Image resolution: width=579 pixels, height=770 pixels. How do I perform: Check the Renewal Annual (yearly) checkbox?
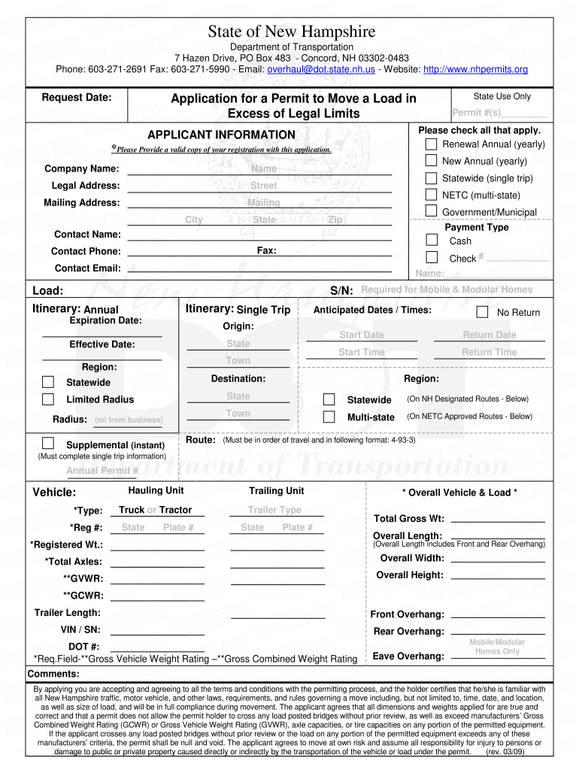tap(431, 144)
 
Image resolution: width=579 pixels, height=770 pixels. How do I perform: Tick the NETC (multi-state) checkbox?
tap(431, 195)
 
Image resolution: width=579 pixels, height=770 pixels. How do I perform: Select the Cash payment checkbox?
tap(432, 240)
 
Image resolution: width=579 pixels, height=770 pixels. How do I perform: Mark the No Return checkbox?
tap(482, 312)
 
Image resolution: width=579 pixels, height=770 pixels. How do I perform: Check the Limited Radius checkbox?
tap(48, 399)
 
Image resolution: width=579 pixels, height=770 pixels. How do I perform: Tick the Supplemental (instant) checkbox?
tap(48, 442)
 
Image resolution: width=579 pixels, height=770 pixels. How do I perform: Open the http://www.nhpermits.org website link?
tap(476, 69)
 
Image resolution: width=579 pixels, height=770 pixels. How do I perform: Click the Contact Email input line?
tap(259, 268)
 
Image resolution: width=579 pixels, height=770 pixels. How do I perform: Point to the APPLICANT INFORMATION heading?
tap(221, 135)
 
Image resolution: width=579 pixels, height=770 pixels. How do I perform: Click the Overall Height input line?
tap(497, 574)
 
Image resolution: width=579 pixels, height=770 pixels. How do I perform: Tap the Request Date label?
tap(77, 98)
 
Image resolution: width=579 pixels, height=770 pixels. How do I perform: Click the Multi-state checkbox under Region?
tap(329, 416)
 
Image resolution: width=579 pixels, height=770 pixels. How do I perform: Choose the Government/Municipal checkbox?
tap(431, 211)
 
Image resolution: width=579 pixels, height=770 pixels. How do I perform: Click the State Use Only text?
tap(502, 96)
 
